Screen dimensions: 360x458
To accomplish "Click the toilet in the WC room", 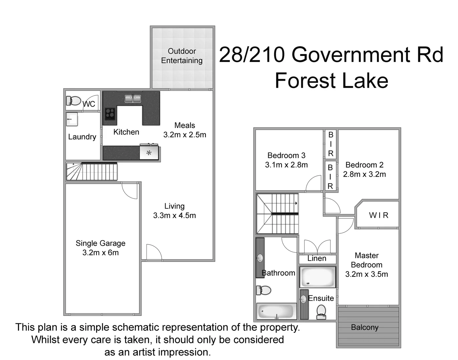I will coord(74,100).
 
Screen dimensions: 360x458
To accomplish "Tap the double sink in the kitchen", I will coord(133,99).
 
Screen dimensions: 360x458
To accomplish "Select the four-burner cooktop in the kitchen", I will coord(110,114).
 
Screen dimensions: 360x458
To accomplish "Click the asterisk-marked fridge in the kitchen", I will coord(149,153).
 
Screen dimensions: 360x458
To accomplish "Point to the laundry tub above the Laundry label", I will coord(72,119).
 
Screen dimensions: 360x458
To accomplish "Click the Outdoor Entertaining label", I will coord(182,56).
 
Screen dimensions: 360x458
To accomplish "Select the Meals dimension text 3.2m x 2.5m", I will coord(185,135).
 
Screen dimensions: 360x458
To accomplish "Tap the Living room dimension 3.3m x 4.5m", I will coord(174,215).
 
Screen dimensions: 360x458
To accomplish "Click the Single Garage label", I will coord(100,243).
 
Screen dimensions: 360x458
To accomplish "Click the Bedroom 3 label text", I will coord(286,155).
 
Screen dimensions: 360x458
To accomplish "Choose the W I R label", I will coord(379,215).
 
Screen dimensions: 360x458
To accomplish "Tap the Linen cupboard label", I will coord(317,258).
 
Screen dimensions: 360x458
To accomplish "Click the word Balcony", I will coord(365,327).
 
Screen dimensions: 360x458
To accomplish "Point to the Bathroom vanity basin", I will coord(260,258).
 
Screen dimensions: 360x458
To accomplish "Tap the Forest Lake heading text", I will coord(331,81).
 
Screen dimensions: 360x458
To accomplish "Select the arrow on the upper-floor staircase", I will coord(296,203).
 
